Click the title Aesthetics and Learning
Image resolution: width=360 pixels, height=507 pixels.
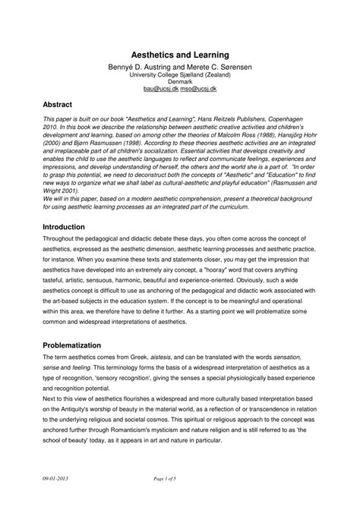point(180,56)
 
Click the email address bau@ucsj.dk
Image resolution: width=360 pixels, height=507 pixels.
point(160,89)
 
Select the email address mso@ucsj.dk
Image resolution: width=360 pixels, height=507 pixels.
point(200,89)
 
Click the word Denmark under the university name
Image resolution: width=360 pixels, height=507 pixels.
point(180,82)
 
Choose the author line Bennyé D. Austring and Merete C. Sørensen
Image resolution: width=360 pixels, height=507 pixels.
point(180,68)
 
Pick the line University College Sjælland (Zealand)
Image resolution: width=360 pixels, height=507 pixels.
point(180,75)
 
